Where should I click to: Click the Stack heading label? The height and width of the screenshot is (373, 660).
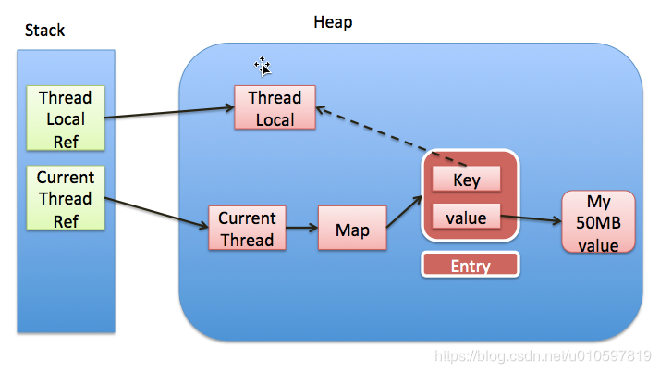pos(44,31)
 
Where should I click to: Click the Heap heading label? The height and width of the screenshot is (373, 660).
pos(333,21)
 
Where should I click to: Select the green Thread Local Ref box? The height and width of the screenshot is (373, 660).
pos(65,118)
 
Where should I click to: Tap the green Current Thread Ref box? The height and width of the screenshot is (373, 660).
pos(65,198)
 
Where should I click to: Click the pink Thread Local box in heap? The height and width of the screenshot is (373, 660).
pos(275,108)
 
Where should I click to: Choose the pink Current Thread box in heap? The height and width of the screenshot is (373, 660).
pos(247,229)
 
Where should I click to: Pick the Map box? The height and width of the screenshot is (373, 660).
pos(351,229)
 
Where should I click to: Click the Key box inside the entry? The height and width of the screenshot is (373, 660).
pos(467,180)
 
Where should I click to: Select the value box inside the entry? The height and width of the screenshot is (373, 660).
pos(467,219)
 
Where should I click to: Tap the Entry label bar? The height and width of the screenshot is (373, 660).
pos(471,266)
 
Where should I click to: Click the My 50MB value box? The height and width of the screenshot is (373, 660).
pos(598,222)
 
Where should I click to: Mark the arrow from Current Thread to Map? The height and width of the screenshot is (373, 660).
pos(302,229)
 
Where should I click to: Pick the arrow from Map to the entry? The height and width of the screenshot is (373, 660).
pos(404,212)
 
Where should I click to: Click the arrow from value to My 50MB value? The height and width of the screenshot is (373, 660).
pos(532,221)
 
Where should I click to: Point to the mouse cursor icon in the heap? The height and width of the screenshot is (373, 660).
pos(263,66)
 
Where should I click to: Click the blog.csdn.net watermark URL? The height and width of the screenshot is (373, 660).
pos(543,356)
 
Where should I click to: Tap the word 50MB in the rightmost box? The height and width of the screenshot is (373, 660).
pos(598,222)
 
